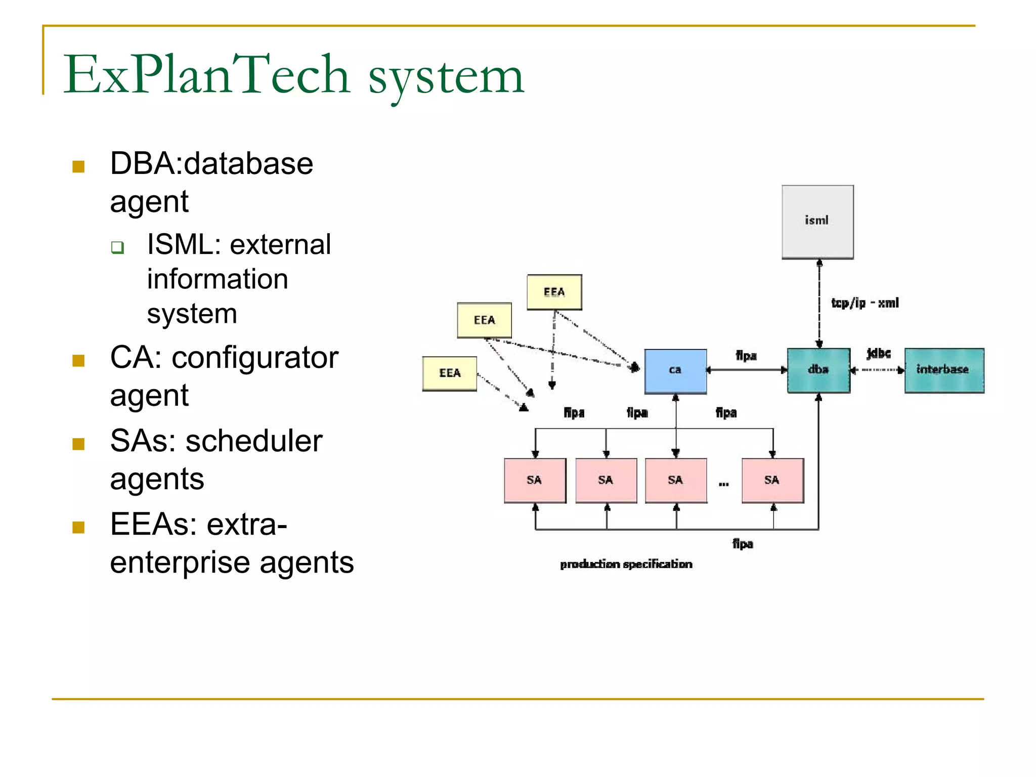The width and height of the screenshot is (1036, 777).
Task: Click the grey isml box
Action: tap(817, 222)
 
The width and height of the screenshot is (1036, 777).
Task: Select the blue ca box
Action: tap(675, 371)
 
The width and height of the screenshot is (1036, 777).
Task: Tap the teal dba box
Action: tap(818, 370)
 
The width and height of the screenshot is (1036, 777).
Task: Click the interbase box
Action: tap(944, 370)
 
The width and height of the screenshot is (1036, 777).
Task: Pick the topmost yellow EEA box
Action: tap(554, 292)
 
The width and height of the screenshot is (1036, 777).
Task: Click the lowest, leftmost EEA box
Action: tap(450, 373)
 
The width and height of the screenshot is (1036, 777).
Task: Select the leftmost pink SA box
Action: tap(535, 480)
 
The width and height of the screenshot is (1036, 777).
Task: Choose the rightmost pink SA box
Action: tap(772, 480)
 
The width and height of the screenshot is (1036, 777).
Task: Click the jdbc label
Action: tap(879, 353)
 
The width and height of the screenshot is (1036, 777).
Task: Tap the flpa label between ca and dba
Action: tap(746, 356)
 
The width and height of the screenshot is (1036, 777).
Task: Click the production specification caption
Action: tap(626, 564)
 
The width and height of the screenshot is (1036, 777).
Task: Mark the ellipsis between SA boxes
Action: tap(724, 484)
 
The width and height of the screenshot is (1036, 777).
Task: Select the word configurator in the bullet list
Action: tap(255, 358)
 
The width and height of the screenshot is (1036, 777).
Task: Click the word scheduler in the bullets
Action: tap(254, 441)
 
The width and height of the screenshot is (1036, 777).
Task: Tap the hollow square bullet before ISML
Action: tap(118, 247)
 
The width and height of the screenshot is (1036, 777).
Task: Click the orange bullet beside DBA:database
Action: tap(78, 166)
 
